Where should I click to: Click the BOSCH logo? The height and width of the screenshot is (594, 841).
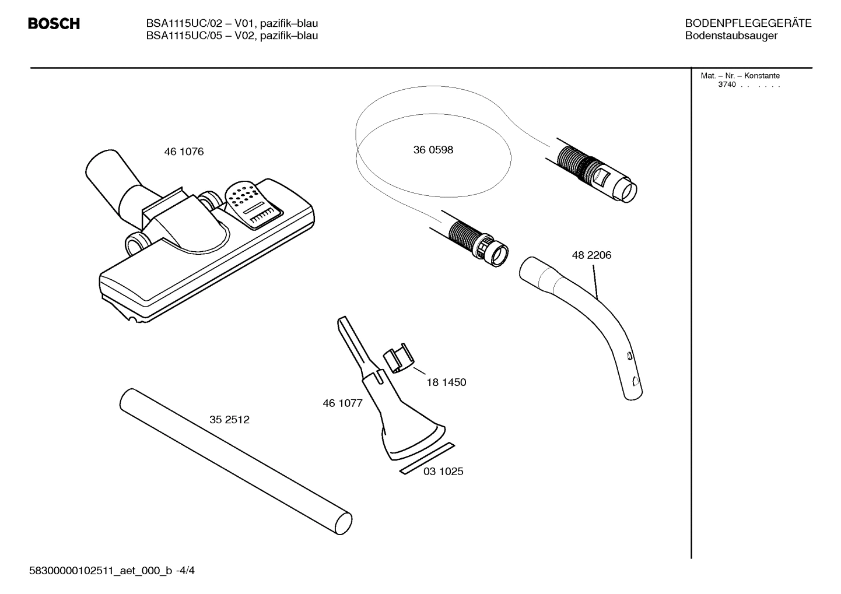54,24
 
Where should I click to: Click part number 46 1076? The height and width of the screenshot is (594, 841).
184,152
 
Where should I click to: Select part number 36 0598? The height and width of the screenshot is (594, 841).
433,150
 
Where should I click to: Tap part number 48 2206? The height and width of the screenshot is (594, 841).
591,255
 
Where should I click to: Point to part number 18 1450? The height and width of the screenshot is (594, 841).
446,383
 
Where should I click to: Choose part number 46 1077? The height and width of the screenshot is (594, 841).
342,403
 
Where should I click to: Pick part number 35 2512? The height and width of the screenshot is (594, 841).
229,420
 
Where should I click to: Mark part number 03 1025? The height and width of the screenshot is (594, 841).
443,472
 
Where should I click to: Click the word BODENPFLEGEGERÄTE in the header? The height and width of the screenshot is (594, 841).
748,23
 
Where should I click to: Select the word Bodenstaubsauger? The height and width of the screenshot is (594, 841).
731,36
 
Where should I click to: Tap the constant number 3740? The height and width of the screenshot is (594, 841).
727,85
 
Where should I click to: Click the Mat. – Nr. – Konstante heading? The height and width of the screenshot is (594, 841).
740,76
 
